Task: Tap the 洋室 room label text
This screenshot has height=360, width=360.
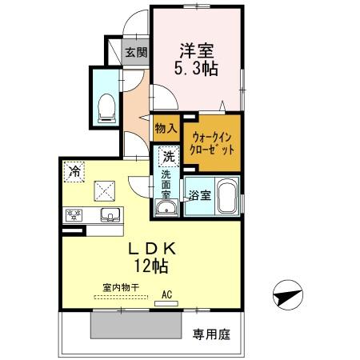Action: point(197,48)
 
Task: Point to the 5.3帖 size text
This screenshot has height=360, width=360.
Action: point(197,68)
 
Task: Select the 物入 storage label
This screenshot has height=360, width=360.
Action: point(166,128)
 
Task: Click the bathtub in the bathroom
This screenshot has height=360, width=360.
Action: point(226,197)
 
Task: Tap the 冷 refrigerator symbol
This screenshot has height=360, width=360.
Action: point(74,170)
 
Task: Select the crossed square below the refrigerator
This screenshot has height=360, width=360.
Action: point(106,190)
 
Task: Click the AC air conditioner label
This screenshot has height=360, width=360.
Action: point(167,294)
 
